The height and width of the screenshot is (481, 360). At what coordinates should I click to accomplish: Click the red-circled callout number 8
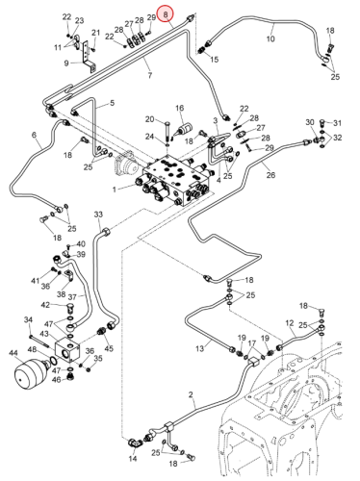pos(166,14)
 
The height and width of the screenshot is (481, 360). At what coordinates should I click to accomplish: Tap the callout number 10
pos(270,38)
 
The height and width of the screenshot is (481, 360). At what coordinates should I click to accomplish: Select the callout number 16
pos(179,108)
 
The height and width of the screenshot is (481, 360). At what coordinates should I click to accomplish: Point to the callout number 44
pos(13,353)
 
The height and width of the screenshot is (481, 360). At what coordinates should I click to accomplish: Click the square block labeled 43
pos(66,350)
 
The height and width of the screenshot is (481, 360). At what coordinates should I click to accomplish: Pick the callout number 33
pos(98,214)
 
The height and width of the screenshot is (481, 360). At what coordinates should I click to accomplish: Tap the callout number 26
pos(270,175)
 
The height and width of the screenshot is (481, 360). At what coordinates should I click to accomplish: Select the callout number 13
pos(199,348)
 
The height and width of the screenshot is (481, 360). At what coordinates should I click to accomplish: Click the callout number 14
pos(133,459)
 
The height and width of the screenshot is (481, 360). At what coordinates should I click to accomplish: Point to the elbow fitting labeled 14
pos(135,443)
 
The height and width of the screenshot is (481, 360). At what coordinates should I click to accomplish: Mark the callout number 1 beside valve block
pos(114,190)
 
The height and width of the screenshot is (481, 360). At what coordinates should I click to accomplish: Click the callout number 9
pos(66,63)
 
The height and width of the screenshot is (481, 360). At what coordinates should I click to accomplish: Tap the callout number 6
pos(35,135)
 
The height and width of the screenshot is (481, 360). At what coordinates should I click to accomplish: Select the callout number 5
pos(112,103)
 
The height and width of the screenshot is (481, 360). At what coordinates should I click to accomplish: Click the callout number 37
pos(72,297)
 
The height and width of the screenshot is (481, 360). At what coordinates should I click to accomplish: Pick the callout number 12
pos(290,322)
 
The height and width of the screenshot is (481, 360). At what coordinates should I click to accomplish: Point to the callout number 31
pos(337,123)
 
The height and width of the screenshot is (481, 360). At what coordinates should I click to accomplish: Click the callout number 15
pos(214,60)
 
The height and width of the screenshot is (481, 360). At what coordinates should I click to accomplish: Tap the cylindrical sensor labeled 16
pos(183,130)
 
